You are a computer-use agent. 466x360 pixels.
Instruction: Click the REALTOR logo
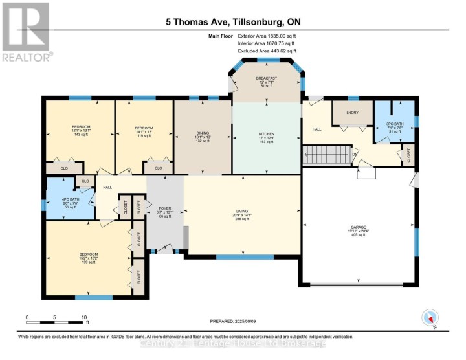coord(26,31)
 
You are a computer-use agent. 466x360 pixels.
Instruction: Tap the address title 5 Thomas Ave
coord(232,22)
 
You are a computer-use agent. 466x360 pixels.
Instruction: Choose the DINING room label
coord(203,136)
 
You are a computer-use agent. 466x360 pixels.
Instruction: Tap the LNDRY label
coord(352,113)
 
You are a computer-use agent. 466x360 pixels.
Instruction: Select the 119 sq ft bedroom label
coord(144,131)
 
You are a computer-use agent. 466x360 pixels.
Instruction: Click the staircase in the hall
coord(326,155)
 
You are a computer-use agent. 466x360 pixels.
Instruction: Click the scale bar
coord(56,321)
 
